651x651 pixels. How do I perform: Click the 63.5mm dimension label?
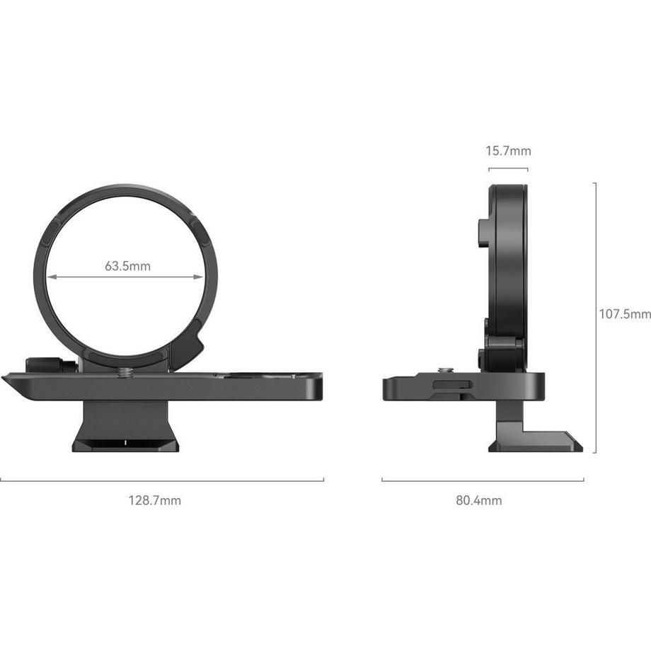(127, 266)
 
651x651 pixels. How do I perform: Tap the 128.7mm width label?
(154, 500)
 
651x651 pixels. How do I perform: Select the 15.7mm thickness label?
(508, 151)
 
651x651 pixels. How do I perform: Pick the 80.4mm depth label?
(479, 500)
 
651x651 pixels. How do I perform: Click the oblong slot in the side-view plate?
(452, 384)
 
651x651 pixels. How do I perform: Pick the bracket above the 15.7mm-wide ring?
(508, 169)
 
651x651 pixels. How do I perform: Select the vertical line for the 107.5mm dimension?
(595, 317)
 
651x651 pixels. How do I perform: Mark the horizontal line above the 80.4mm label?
(483, 480)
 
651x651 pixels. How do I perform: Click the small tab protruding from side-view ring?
(483, 233)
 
